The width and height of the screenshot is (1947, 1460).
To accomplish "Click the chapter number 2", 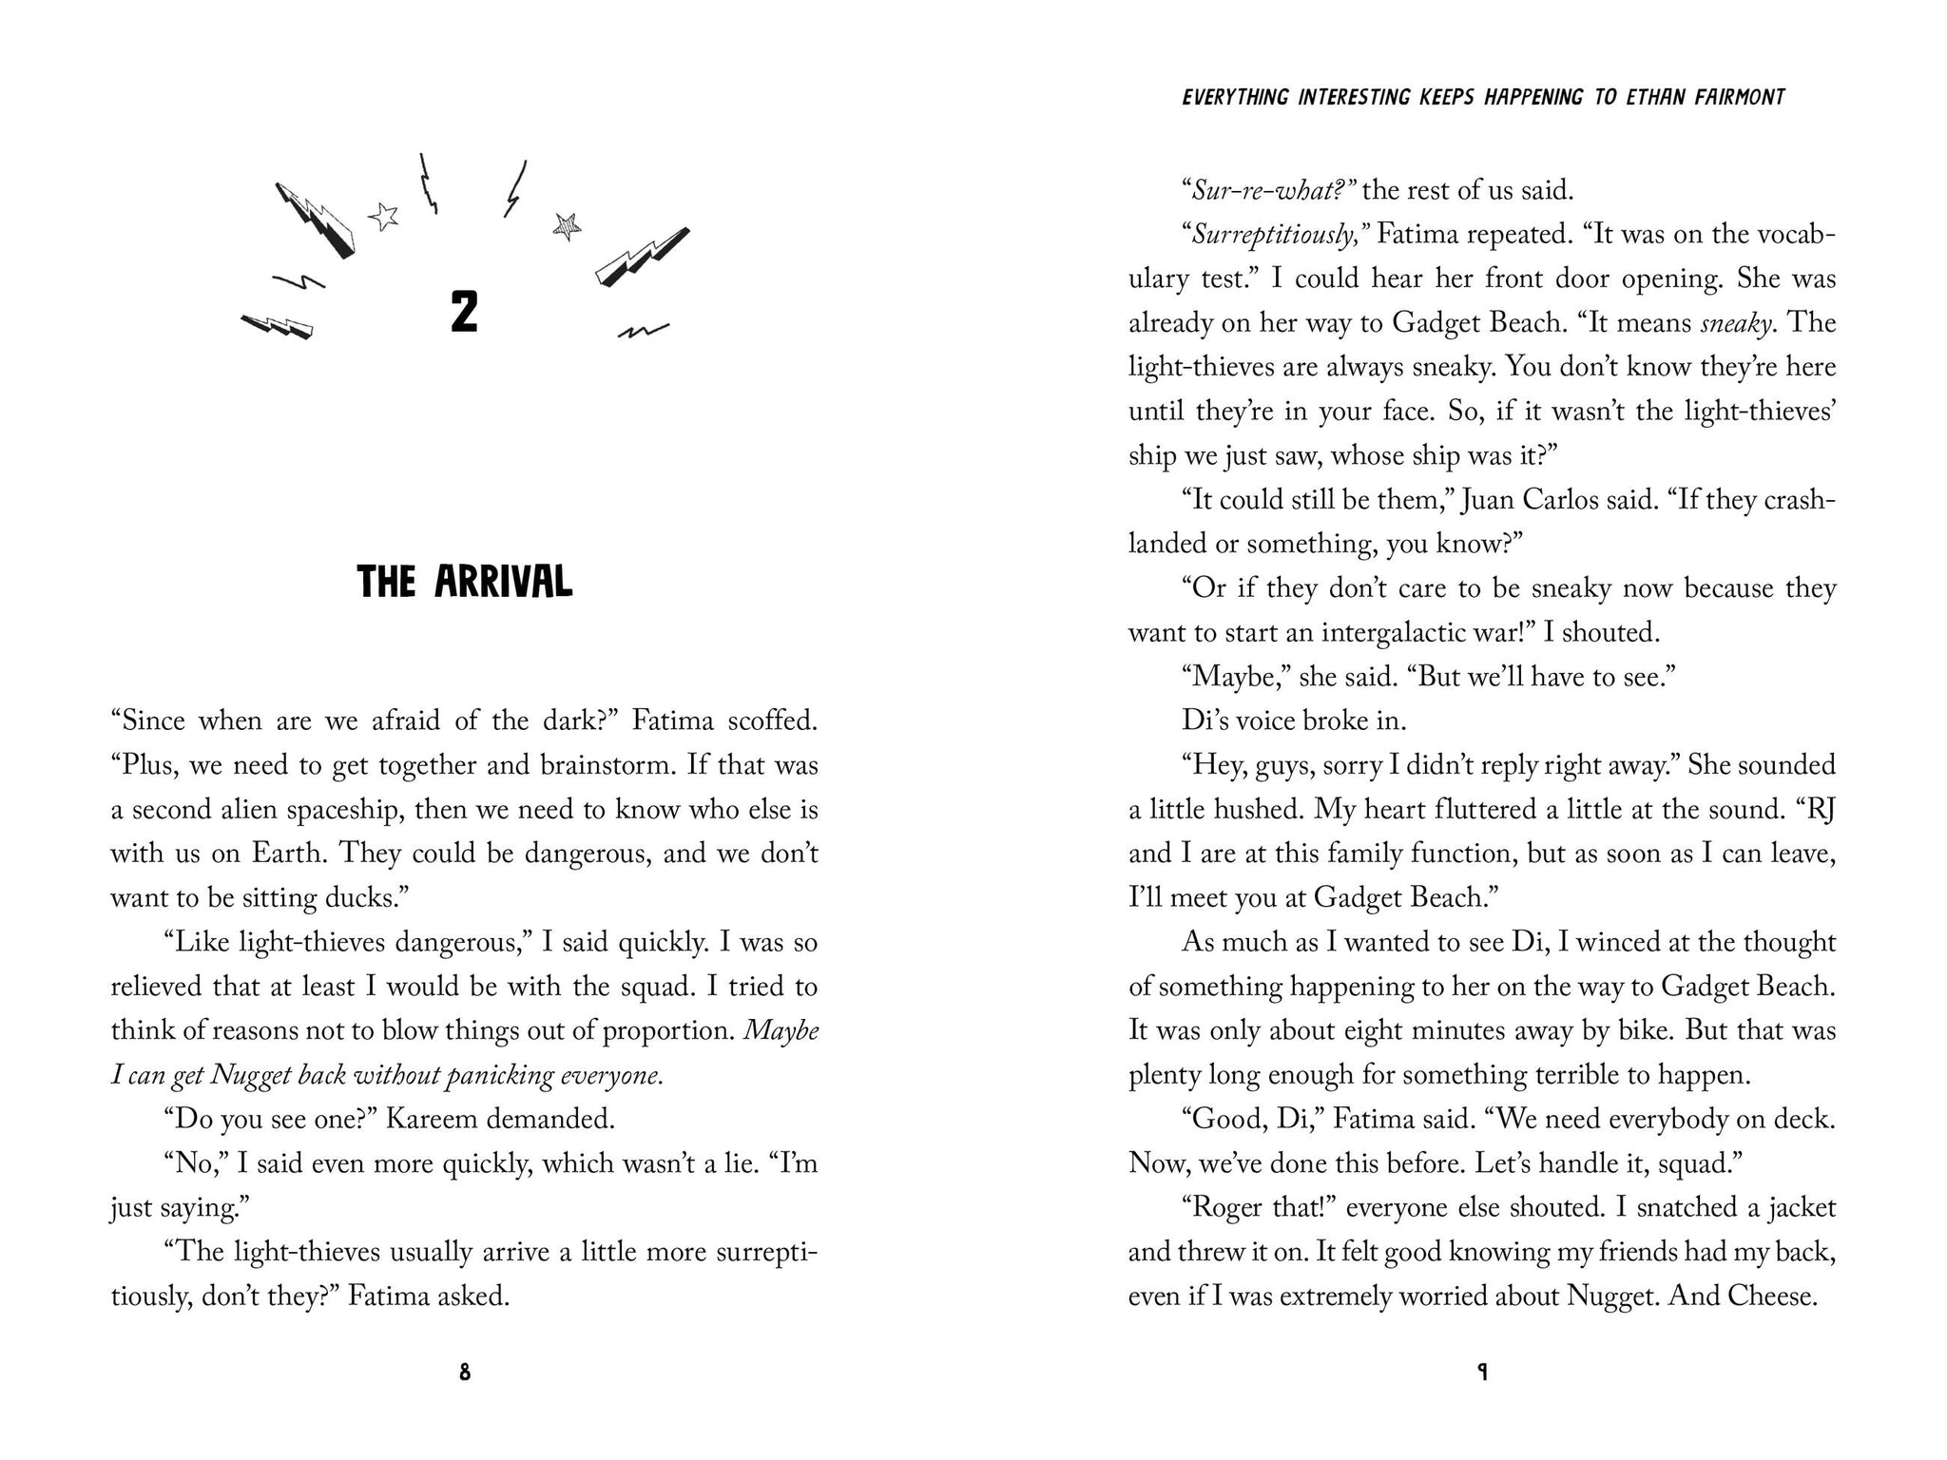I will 464,313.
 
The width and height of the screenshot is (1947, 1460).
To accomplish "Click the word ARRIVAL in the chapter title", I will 503,582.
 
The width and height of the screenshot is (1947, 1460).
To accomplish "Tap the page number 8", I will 464,1373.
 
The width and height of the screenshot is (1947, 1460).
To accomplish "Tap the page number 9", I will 1481,1373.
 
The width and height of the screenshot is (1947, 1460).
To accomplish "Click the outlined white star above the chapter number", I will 384,218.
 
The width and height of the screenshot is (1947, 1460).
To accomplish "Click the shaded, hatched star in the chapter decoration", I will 567,225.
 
